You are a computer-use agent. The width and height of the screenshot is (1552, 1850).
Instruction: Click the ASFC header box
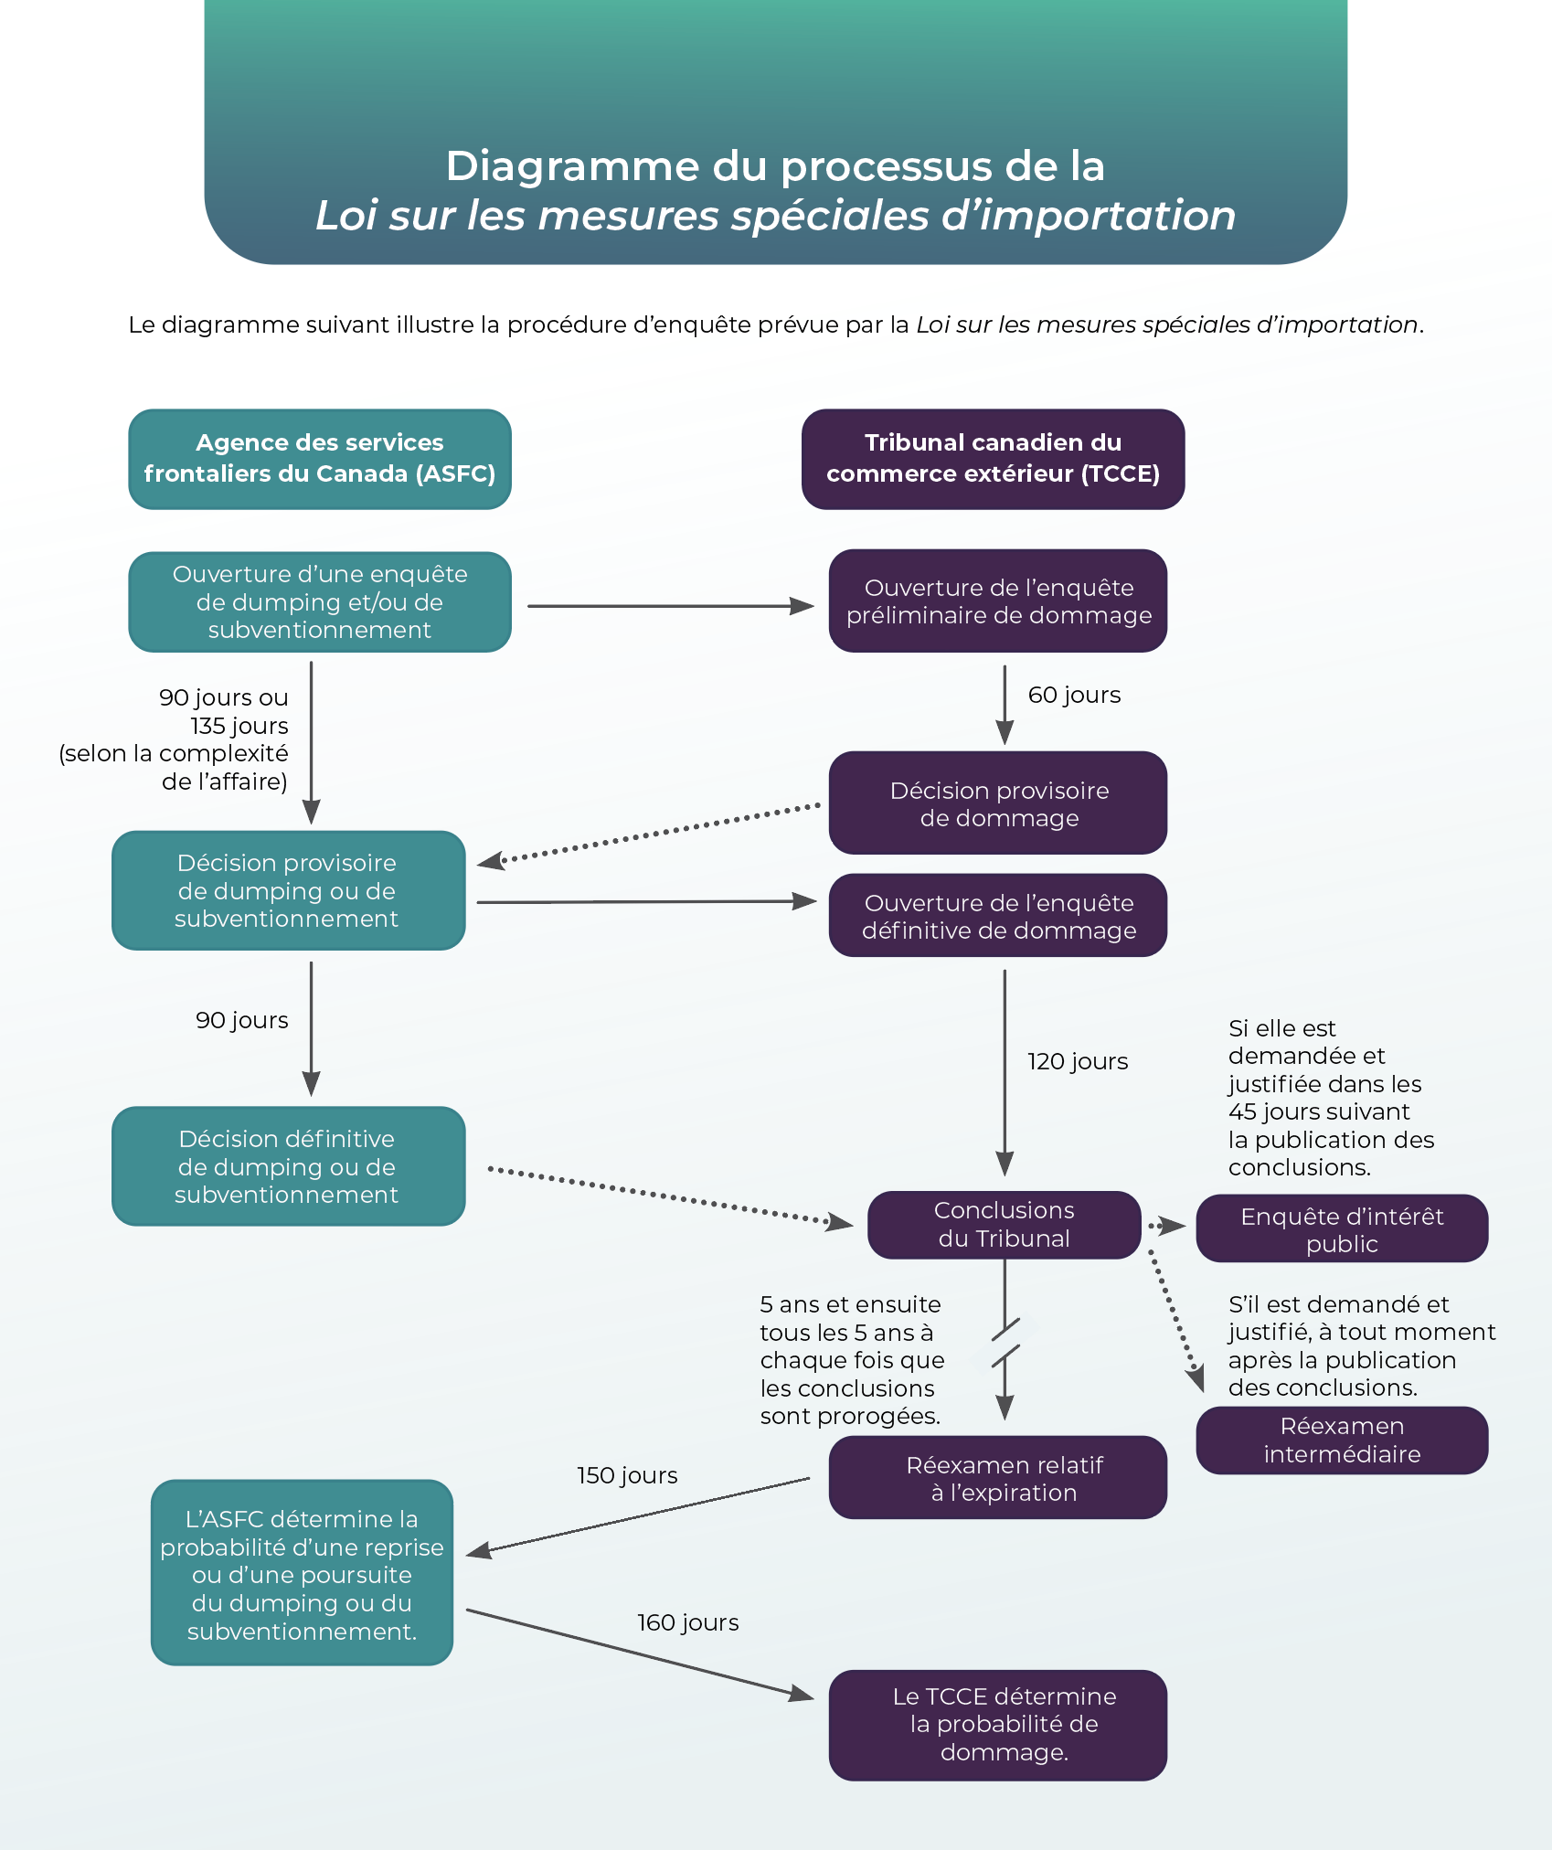(x=319, y=459)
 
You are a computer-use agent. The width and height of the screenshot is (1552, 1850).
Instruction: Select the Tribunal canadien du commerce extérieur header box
(x=993, y=459)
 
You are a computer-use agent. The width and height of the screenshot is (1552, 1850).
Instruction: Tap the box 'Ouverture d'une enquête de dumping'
(x=319, y=601)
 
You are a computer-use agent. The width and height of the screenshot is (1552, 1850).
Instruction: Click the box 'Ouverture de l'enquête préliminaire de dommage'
(x=998, y=601)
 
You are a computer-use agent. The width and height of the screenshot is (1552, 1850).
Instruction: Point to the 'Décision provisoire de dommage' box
(x=998, y=803)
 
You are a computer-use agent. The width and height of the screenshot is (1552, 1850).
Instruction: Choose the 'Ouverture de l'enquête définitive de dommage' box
(x=998, y=916)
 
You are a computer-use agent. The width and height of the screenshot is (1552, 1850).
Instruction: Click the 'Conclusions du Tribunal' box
(x=1004, y=1225)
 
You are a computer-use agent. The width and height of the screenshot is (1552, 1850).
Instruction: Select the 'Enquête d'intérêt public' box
(x=1342, y=1229)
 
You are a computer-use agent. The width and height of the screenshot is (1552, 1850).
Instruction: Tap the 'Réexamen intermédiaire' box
(x=1342, y=1440)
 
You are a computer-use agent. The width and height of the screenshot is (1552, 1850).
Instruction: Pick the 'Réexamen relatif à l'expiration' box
(x=998, y=1478)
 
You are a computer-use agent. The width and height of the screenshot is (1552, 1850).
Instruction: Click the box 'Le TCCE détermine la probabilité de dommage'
(x=998, y=1725)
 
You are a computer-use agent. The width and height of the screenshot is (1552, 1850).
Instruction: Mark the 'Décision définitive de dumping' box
(x=288, y=1166)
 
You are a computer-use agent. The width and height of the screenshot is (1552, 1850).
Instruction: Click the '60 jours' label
(x=1074, y=695)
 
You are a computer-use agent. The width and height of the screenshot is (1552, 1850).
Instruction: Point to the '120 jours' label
(x=1078, y=1061)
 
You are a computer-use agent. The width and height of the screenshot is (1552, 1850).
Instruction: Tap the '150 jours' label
(x=627, y=1475)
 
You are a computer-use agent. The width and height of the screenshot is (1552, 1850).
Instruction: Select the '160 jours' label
(x=687, y=1622)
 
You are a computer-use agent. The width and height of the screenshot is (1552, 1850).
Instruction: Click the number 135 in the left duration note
(x=207, y=726)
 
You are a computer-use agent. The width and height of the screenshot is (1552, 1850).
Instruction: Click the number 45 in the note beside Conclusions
(x=1242, y=1111)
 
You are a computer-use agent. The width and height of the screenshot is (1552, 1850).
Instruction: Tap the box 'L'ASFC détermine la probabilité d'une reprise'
(x=302, y=1573)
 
